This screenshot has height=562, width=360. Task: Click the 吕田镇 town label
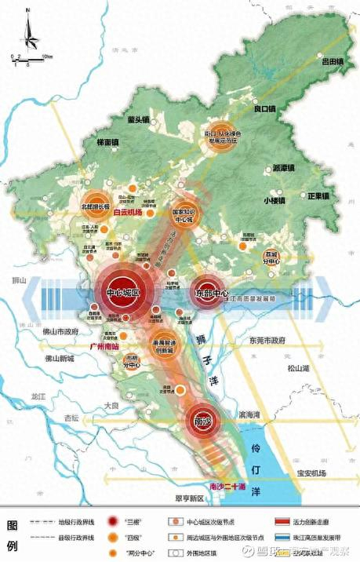point(333,60)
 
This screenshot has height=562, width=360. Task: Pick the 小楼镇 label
point(276,200)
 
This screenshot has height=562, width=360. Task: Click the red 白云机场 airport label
point(127,212)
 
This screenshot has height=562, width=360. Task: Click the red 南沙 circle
point(205,421)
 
